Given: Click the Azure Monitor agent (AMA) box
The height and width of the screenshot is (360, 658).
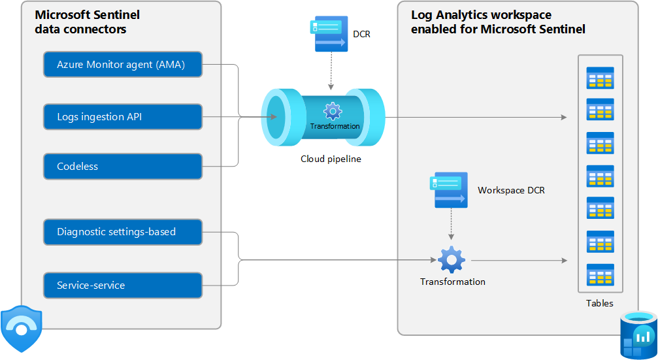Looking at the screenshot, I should click(123, 65).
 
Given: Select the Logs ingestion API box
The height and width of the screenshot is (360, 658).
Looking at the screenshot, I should click(123, 117).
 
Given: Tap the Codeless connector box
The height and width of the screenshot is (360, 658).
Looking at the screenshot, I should click(123, 167).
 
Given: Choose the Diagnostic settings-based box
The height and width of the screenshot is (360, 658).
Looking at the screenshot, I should click(123, 232).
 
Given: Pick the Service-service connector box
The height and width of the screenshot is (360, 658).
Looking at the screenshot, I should click(123, 286).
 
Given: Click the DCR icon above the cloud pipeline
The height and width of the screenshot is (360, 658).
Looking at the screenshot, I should click(331, 34).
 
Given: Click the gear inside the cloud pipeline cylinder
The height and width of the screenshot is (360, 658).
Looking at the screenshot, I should click(333, 111).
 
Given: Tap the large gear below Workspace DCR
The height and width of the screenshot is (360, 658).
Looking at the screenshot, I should click(452, 259).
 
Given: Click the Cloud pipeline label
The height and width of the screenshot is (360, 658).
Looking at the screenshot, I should click(331, 159).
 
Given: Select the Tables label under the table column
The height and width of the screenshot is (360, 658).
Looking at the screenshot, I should click(599, 303).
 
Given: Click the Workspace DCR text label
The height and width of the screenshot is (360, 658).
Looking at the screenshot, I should click(511, 191).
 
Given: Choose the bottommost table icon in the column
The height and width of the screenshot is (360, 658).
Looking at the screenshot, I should click(600, 274).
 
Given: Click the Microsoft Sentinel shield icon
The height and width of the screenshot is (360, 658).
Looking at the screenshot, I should click(22, 329).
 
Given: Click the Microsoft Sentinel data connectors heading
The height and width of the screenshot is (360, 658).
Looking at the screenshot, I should click(87, 22).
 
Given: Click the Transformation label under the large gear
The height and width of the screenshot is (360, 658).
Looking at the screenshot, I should click(452, 282).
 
